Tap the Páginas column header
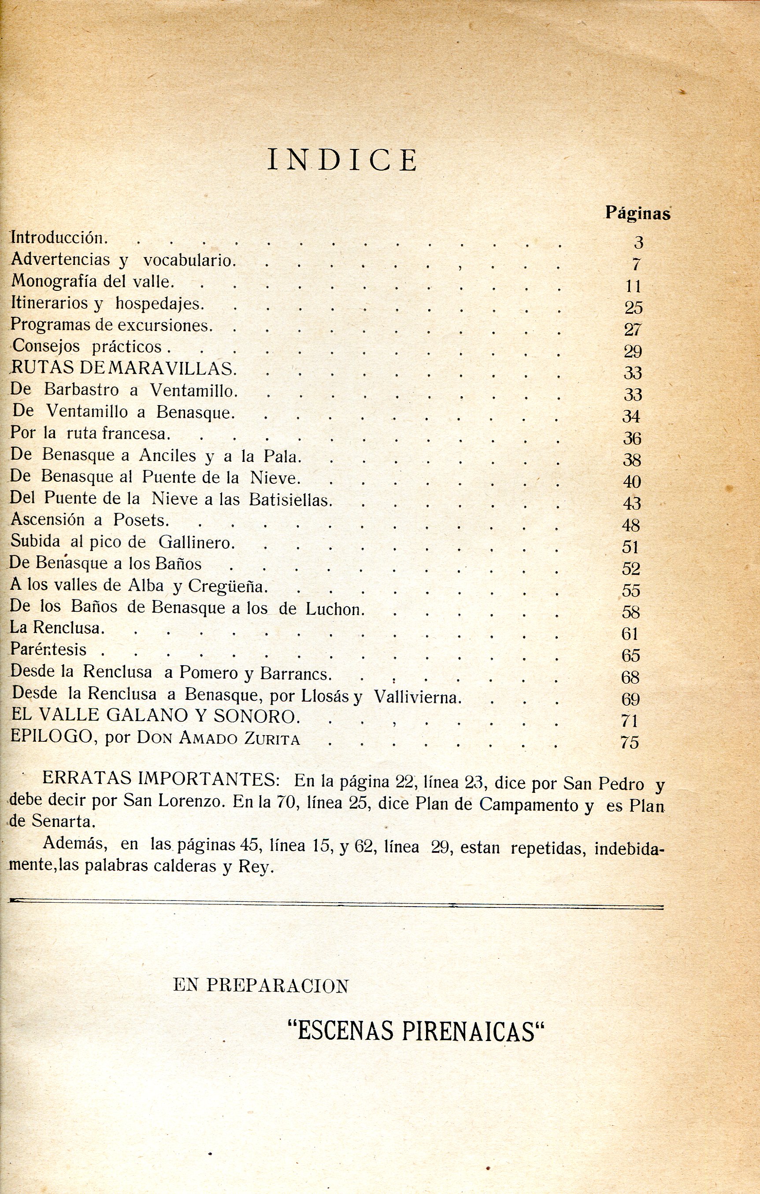(x=638, y=213)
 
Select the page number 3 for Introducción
(x=638, y=242)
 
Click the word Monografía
(x=54, y=282)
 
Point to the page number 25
(x=634, y=308)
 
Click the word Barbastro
(x=82, y=390)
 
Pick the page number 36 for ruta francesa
(x=632, y=438)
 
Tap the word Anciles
(x=168, y=455)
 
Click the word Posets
(x=141, y=520)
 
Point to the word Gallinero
(x=195, y=543)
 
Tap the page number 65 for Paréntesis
(x=631, y=656)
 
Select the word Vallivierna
(x=417, y=698)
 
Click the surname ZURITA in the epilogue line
(x=272, y=739)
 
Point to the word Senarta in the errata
(x=63, y=821)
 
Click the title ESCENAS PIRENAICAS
(x=416, y=1031)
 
